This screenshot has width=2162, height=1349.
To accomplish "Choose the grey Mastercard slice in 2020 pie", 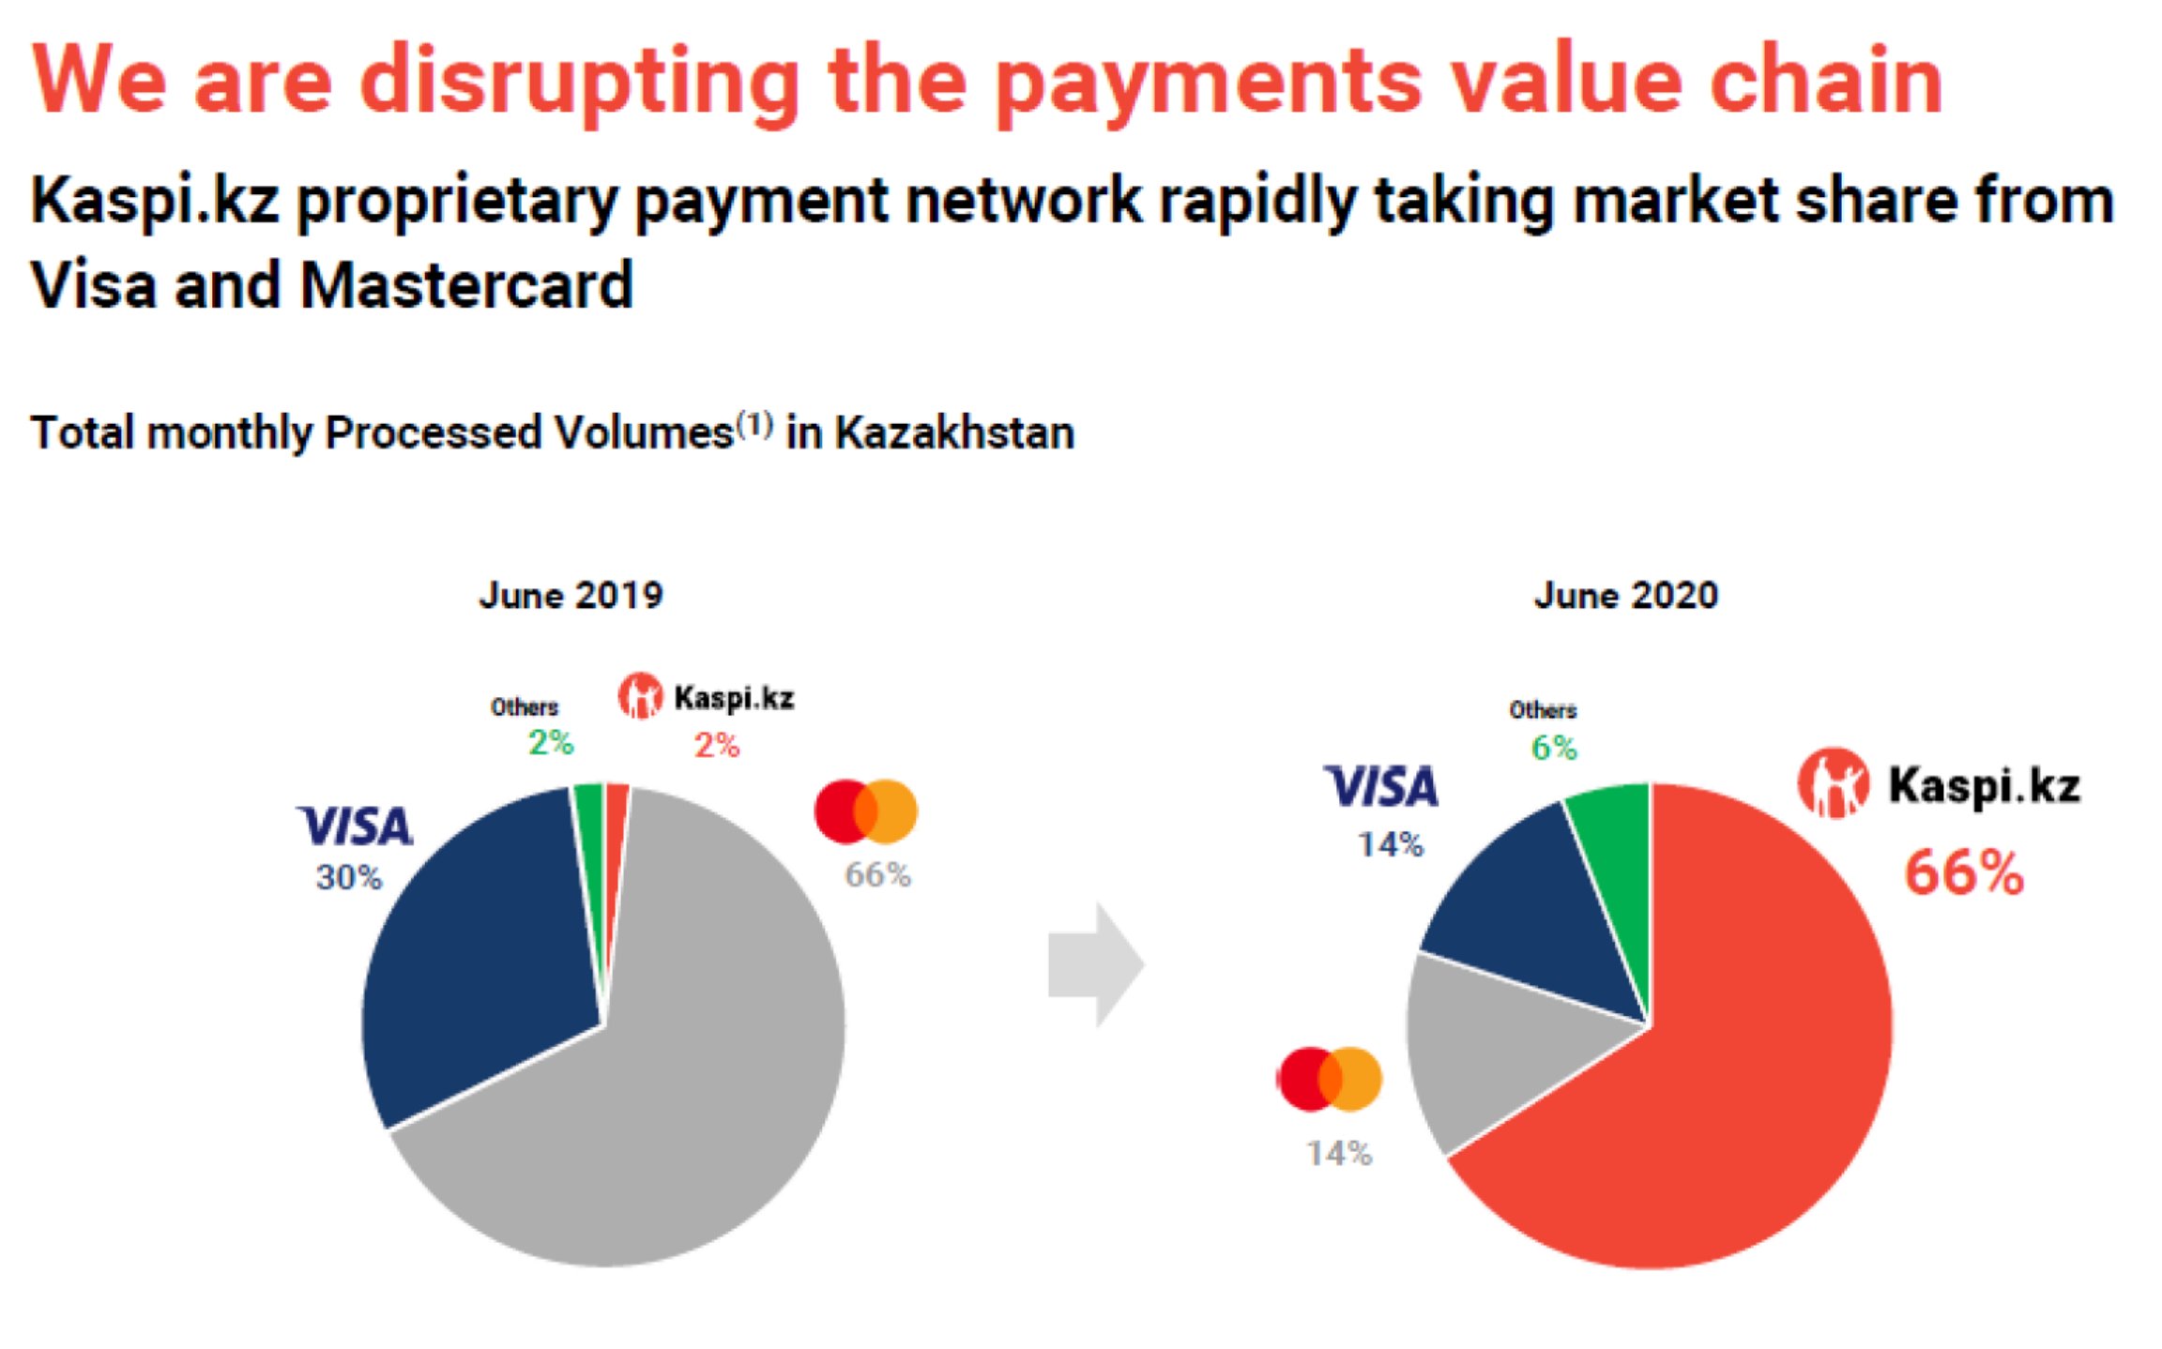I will pos(1492,1051).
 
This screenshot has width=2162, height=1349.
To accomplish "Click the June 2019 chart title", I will pos(571,596).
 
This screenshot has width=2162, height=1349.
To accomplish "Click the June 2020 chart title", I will pos(1625,596).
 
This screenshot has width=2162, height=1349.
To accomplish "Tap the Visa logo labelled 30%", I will pos(356,826).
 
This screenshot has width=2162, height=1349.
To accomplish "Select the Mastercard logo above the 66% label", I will pos(865,811).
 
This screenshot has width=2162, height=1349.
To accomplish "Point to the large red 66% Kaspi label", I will pos(1963,873).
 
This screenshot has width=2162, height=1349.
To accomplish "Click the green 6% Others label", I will pos(1554,748).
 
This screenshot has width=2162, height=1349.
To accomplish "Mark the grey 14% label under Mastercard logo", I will pos(1339,1153).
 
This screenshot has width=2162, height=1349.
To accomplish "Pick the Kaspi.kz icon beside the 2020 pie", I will pos(1832,784).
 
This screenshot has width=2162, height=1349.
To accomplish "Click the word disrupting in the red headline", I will pos(579,83).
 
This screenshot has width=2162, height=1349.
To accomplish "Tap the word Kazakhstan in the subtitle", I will pos(954,433).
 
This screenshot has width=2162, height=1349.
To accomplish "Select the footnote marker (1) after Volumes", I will pos(754,425).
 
